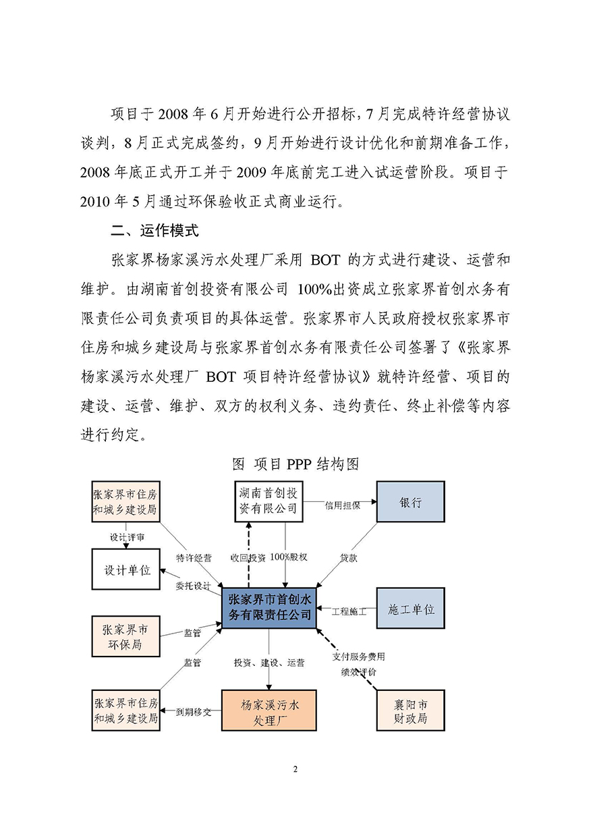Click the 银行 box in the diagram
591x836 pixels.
click(x=410, y=502)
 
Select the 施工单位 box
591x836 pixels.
click(x=410, y=609)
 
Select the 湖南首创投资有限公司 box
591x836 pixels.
click(x=268, y=501)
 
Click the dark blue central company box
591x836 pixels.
click(x=269, y=607)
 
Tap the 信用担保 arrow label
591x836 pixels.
click(x=342, y=504)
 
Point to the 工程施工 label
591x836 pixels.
click(x=348, y=611)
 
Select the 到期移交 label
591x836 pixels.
click(x=194, y=711)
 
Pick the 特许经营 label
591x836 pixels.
click(x=194, y=558)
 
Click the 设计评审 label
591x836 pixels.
click(x=126, y=537)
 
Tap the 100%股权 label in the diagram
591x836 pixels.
click(x=289, y=557)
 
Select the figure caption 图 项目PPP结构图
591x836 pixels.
click(x=295, y=464)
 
